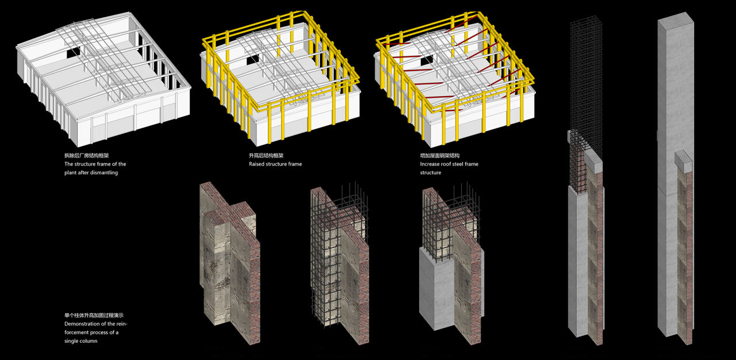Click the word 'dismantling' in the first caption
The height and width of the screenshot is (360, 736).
click(103, 173)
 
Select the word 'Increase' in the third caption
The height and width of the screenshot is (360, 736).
click(431, 164)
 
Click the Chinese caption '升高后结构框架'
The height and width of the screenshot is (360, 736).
click(266, 155)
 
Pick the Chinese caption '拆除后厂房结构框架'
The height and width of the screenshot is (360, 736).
click(88, 155)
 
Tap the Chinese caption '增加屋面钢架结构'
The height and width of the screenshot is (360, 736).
click(440, 155)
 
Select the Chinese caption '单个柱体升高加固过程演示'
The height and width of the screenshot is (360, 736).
click(94, 315)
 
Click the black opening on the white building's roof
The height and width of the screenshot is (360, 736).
click(74, 52)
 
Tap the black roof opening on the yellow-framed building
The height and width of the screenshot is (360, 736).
click(253, 60)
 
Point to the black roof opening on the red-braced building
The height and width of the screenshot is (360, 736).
click(426, 60)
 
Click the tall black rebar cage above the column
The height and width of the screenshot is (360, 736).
click(586, 81)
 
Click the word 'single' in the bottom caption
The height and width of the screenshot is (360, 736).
click(73, 341)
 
